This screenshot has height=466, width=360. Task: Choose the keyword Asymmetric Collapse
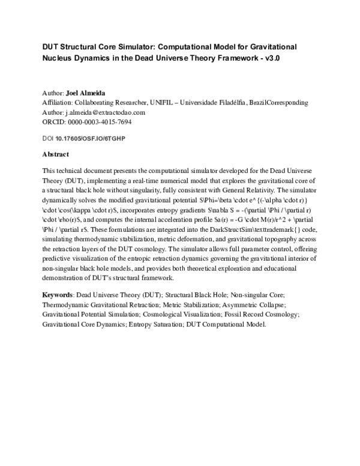click(260, 305)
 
